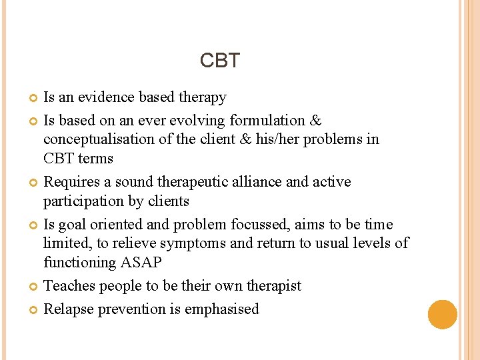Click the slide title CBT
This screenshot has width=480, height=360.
coord(219,61)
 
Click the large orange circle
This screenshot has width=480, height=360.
coord(443,314)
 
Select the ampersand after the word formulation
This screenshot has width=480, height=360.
coord(316,121)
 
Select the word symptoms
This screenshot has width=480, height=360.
coord(199,243)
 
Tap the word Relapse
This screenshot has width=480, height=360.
coord(69,309)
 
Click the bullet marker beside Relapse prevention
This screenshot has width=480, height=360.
coord(33,310)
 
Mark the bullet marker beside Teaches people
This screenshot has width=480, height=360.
coord(33,287)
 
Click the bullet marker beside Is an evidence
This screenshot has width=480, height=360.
coord(33,98)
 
